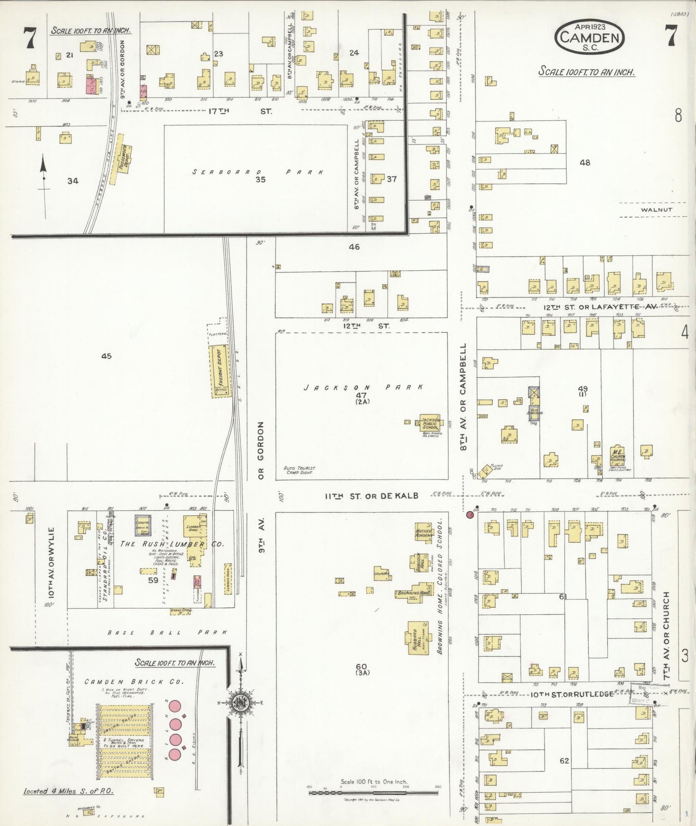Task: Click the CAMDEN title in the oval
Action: coord(590,37)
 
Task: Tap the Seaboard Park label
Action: coord(258,172)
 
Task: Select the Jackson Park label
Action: coord(364,387)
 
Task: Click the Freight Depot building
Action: coord(221,371)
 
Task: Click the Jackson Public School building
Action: coord(430,423)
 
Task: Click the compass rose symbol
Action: coord(239,702)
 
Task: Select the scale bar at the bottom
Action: coord(373,792)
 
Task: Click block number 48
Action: coord(585,163)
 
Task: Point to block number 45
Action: coord(106,356)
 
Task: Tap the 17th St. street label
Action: coord(239,111)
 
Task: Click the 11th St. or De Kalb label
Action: coord(371,496)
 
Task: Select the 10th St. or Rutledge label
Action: coord(572,694)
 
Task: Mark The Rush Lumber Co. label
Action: coord(171,544)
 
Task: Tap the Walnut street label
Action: coord(657,210)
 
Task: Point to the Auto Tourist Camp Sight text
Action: coord(300,470)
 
